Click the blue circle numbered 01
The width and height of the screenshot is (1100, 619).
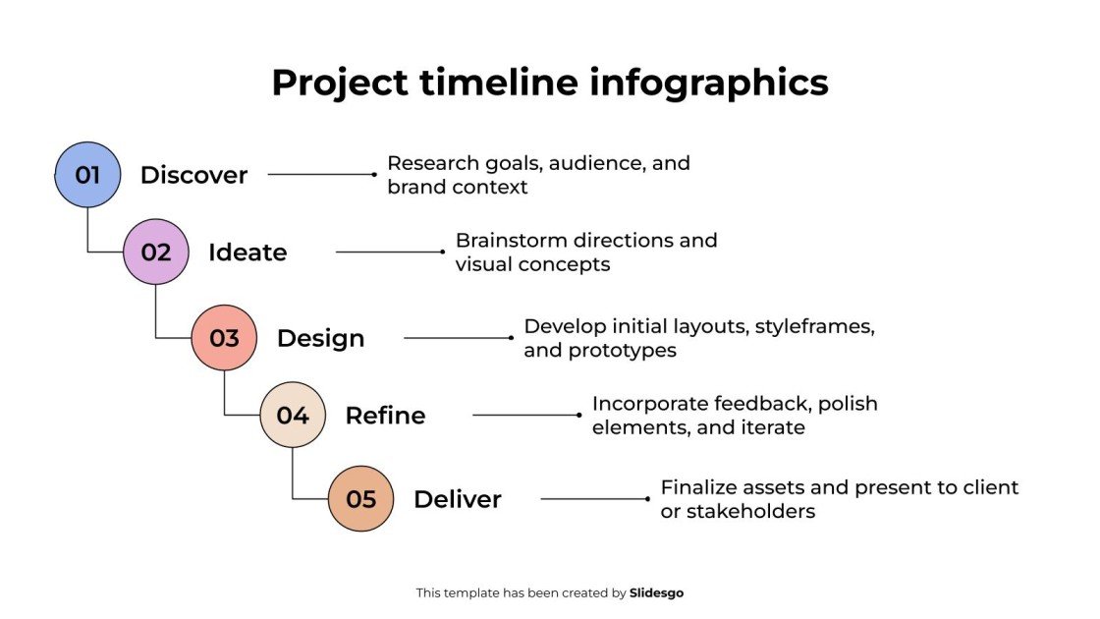click(87, 175)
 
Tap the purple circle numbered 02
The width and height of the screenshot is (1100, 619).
click(155, 253)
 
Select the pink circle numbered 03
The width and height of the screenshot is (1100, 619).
click(224, 338)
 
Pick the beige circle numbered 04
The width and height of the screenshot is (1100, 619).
click(293, 415)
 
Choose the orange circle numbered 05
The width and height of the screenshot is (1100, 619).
click(360, 499)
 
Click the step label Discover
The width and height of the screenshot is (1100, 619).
click(193, 175)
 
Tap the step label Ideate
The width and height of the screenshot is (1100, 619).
click(247, 253)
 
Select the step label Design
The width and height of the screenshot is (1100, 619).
click(320, 338)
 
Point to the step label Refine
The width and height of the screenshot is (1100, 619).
click(385, 415)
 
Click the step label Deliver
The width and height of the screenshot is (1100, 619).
click(457, 499)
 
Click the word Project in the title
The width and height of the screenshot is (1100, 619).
click(339, 83)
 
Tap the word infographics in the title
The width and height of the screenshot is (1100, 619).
click(708, 83)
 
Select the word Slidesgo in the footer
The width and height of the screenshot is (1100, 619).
click(656, 592)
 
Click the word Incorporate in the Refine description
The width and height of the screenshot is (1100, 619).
click(649, 404)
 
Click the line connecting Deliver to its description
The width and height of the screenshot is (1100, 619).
click(594, 499)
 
